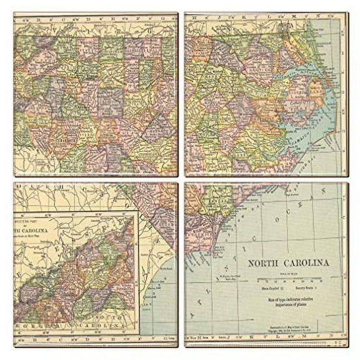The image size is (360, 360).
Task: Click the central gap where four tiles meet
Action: tap(181, 179)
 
